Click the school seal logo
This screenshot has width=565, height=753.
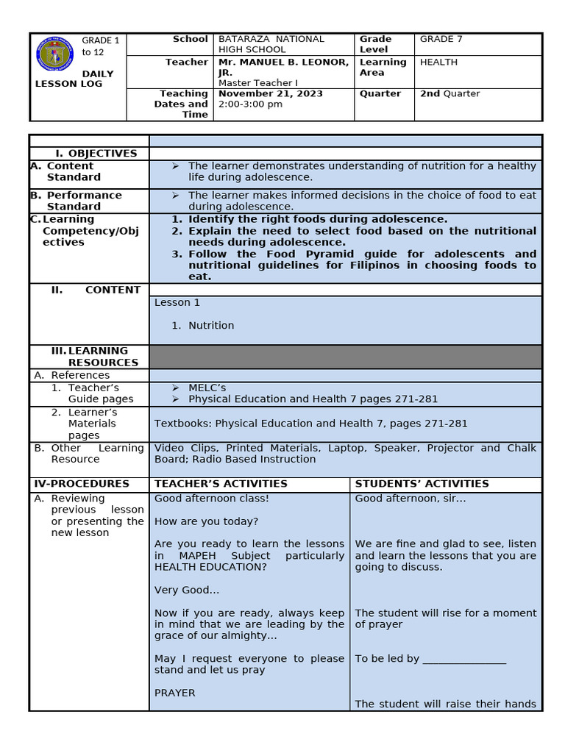pyautogui.click(x=55, y=55)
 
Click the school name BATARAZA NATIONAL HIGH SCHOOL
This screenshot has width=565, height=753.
pyautogui.click(x=271, y=44)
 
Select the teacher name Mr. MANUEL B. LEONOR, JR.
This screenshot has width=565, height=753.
pyautogui.click(x=283, y=67)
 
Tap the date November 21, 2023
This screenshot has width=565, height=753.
pyautogui.click(x=271, y=93)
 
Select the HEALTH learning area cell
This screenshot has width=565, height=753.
pyautogui.click(x=438, y=63)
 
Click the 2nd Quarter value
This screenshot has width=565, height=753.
pyautogui.click(x=449, y=93)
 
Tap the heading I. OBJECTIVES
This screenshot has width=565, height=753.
pyautogui.click(x=96, y=154)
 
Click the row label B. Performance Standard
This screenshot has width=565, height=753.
pyautogui.click(x=84, y=201)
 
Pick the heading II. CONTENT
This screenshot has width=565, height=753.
pyautogui.click(x=96, y=290)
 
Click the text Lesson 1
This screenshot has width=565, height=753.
pyautogui.click(x=177, y=302)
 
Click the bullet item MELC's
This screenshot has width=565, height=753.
pyautogui.click(x=207, y=388)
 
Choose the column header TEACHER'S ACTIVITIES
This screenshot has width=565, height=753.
pyautogui.click(x=221, y=484)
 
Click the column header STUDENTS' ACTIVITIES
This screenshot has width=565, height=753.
pyautogui.click(x=422, y=484)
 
